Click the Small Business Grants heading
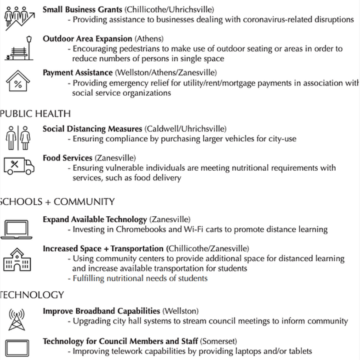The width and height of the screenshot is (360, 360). [x=82, y=9]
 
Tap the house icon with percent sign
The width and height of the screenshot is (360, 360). [x=18, y=82]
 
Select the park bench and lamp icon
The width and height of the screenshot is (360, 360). [x=19, y=49]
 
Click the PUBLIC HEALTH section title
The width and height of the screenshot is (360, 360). [x=35, y=113]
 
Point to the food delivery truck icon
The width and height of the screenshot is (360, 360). [x=19, y=166]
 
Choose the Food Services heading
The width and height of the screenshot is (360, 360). [x=67, y=158]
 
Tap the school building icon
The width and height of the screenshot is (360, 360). [x=17, y=259]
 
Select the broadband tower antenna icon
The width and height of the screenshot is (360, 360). [x=16, y=319]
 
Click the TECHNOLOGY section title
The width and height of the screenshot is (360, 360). [x=32, y=295]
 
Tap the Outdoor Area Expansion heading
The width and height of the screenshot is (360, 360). [x=87, y=39]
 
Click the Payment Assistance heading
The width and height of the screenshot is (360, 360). [x=78, y=72]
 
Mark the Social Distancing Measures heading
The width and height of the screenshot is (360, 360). [x=92, y=129]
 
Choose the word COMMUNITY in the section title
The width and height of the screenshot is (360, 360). [x=84, y=202]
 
